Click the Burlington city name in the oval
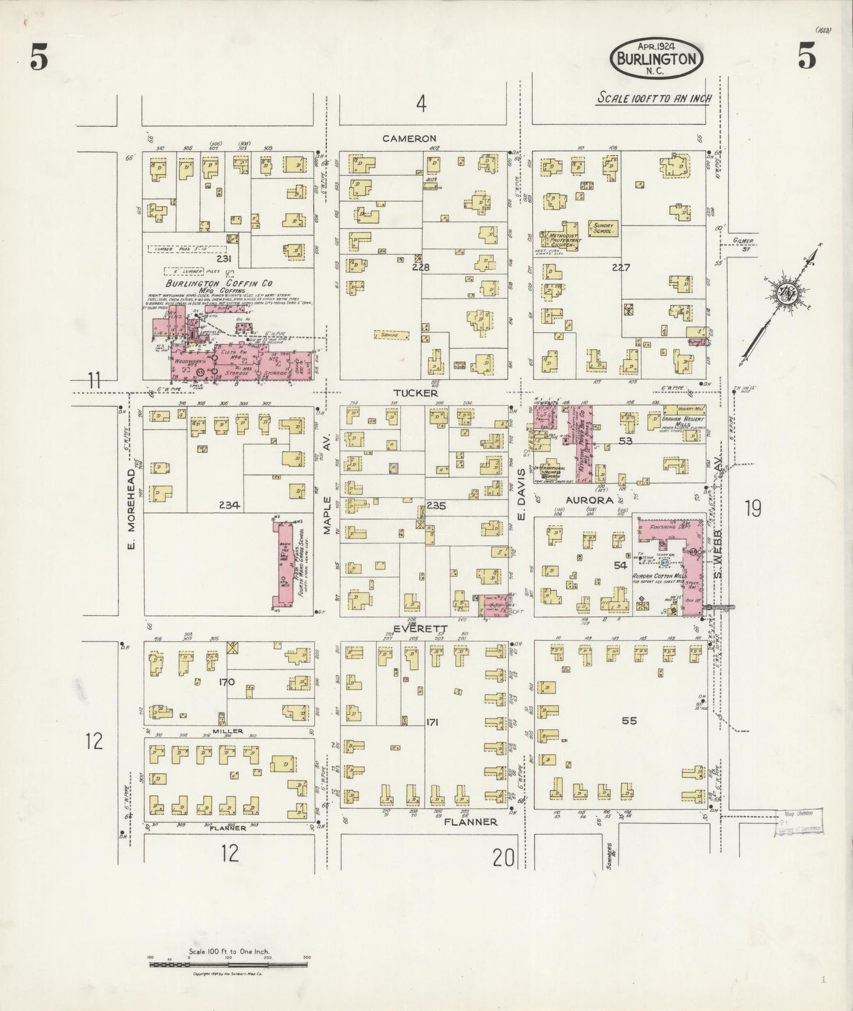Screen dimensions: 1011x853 (x=656, y=58)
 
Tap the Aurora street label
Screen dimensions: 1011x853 (x=590, y=500)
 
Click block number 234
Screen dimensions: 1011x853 (x=228, y=505)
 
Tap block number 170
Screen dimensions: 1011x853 (x=227, y=682)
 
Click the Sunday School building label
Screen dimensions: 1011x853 (x=603, y=228)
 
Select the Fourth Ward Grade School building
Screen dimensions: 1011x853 (x=282, y=563)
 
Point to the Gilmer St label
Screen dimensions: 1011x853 (x=744, y=244)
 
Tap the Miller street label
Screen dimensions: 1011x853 (x=228, y=731)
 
